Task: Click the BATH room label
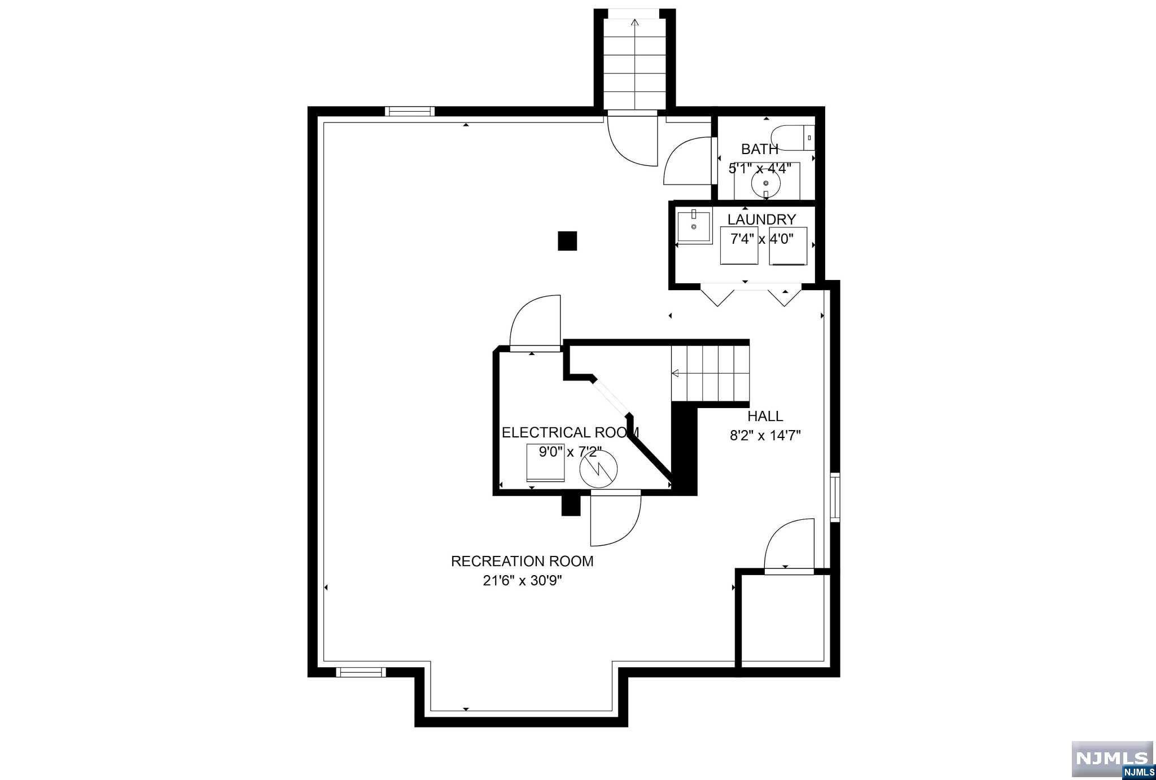tap(759, 150)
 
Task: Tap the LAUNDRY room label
tap(761, 220)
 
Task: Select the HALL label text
tap(765, 416)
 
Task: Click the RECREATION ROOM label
tap(522, 561)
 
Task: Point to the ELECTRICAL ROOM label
tap(570, 432)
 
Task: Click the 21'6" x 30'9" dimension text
tap(522, 581)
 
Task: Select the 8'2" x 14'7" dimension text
tap(765, 436)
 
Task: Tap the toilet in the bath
tap(792, 138)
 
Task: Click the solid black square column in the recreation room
tap(567, 241)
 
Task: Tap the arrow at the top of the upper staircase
tap(634, 23)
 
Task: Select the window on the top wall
tap(410, 111)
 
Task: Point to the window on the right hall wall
tap(835, 497)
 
